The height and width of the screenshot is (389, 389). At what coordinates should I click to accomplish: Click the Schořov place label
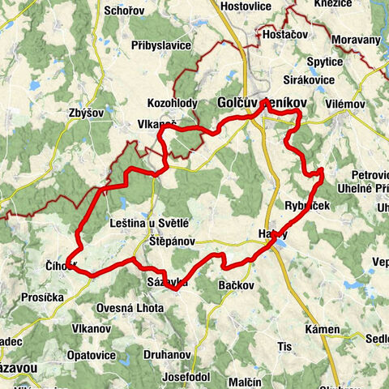coord(125,11)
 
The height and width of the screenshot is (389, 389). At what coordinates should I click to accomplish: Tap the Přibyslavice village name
coord(160,45)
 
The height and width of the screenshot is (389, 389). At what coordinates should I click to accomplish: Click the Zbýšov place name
coord(86,113)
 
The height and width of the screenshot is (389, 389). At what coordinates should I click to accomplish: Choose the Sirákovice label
coord(309,81)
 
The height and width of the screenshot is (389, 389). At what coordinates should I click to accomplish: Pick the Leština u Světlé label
coord(148,221)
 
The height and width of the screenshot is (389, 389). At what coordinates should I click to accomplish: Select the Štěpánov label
coord(170,241)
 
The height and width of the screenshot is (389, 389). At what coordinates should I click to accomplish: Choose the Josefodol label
coord(186,355)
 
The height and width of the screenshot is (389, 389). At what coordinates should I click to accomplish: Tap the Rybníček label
coord(308,206)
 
